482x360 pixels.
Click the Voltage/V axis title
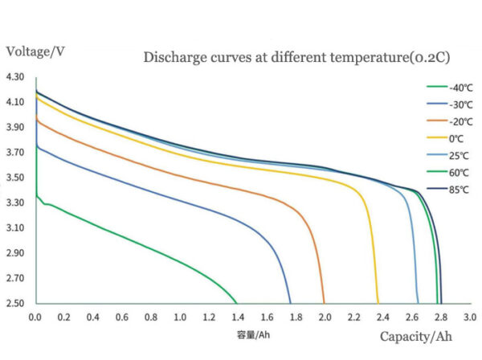tap(35, 51)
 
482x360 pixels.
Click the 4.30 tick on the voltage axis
tap(15, 77)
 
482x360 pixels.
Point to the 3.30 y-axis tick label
tap(15, 203)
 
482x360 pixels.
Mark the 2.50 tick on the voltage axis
tap(15, 304)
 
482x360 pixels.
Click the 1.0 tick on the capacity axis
tap(180, 317)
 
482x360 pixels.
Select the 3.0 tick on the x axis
tap(470, 317)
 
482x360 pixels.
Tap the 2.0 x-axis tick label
tap(325, 317)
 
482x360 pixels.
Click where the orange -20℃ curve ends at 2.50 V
tap(324, 303)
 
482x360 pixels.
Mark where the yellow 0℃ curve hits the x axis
tap(378, 303)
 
